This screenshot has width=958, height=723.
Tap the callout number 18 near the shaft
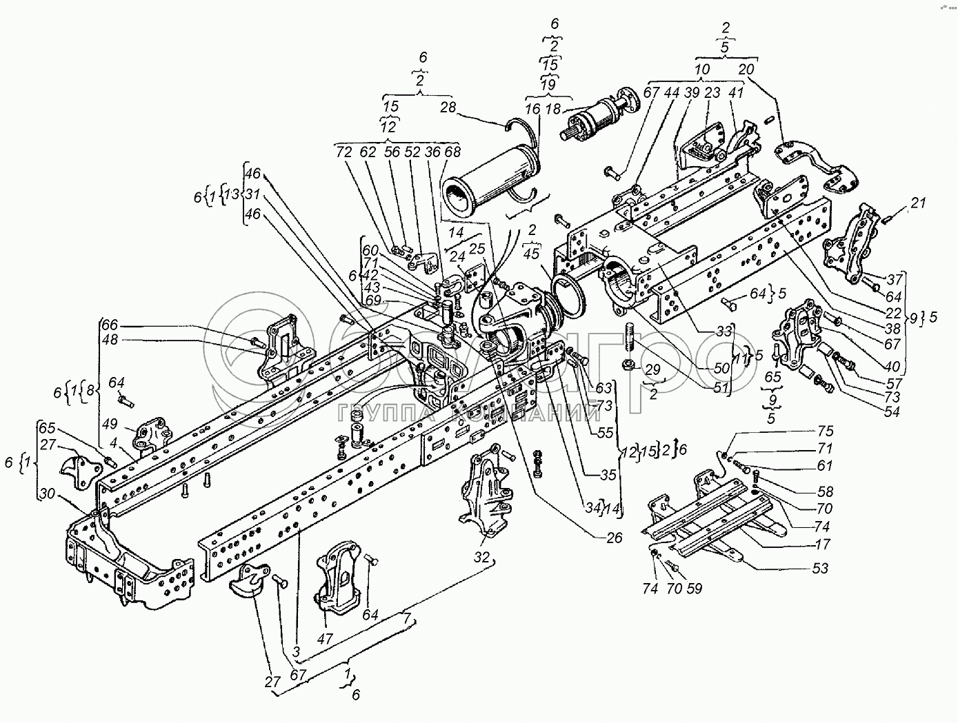(x=553, y=108)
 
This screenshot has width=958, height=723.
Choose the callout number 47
(x=325, y=638)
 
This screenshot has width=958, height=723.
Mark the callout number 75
(x=825, y=431)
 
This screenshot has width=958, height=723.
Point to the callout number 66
(x=110, y=324)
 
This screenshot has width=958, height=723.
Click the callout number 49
(x=111, y=424)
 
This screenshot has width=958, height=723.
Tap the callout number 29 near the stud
(x=652, y=370)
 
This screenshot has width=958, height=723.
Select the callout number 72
(x=344, y=152)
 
